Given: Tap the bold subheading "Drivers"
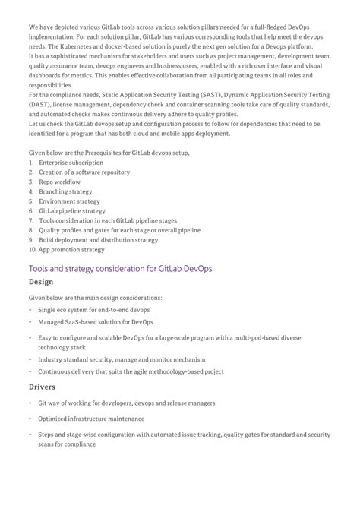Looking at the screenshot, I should point(43,387).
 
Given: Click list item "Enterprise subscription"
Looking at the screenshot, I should point(71,163).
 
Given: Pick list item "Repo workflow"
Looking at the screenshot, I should point(59,182).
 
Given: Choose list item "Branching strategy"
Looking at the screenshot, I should point(65,192).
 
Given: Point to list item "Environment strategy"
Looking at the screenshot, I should point(69,201).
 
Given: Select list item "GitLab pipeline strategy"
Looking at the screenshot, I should point(72,210).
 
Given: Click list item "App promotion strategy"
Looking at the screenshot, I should point(71,248).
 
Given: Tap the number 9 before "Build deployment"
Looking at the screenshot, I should point(31,239).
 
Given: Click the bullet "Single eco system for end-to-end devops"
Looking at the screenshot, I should point(94,310).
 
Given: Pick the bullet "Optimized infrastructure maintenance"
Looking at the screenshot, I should point(91,419).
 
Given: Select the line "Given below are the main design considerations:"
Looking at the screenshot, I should point(95,297).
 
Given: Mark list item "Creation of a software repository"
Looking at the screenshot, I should point(84,172).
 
